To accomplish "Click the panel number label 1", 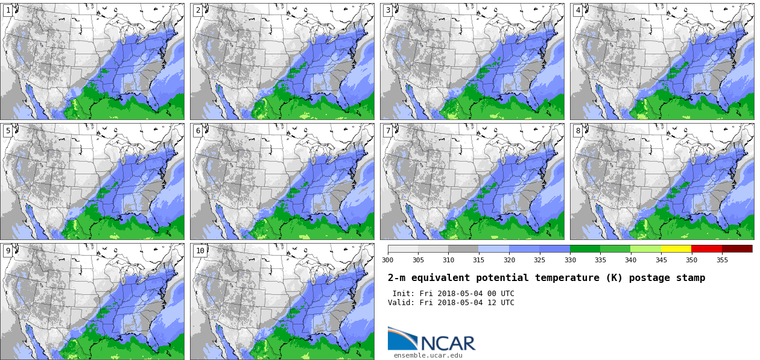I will pyautogui.click(x=8, y=10).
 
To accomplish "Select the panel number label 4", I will pyautogui.click(x=578, y=10).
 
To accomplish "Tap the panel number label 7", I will pyautogui.click(x=388, y=131).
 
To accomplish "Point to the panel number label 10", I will pyautogui.click(x=200, y=251).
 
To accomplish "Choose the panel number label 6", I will pyautogui.click(x=198, y=131).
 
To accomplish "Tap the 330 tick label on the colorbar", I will pyautogui.click(x=570, y=260).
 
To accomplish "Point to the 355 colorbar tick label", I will pyautogui.click(x=722, y=260).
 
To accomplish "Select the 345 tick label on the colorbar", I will pyautogui.click(x=661, y=260).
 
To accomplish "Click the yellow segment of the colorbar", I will pyautogui.click(x=676, y=248).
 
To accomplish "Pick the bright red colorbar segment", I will pyautogui.click(x=706, y=248).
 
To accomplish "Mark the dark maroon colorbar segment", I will pyautogui.click(x=737, y=248).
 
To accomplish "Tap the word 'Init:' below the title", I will pyautogui.click(x=404, y=294).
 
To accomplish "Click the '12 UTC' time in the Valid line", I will pyautogui.click(x=499, y=303).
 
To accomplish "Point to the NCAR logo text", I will pyautogui.click(x=448, y=343).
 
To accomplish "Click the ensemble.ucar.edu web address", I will pyautogui.click(x=428, y=355).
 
